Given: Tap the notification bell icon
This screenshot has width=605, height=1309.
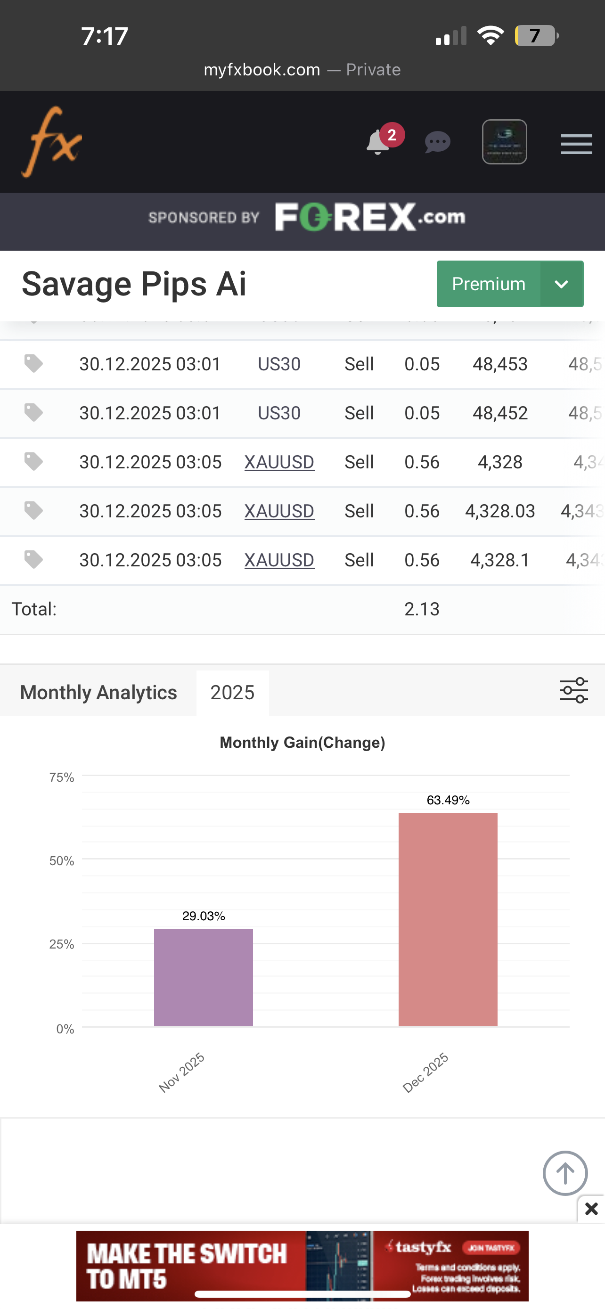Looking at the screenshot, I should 378,143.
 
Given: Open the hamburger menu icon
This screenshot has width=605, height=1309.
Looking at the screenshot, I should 576,144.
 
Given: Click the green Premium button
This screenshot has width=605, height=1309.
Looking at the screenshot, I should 488,284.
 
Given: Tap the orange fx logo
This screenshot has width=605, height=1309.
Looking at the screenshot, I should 51,142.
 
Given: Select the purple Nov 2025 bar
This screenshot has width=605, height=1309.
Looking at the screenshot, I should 203,977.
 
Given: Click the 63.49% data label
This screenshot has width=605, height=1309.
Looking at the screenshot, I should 448,801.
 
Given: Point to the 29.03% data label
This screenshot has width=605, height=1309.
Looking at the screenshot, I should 203,916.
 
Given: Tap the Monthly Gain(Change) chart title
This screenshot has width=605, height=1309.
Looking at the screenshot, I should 302,743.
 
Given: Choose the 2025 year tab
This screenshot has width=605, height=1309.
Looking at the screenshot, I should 232,693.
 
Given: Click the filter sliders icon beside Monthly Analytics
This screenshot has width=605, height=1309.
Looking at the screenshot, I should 573,691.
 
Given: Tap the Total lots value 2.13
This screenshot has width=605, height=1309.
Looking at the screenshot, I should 422,609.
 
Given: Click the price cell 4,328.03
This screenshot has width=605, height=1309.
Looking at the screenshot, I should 500,511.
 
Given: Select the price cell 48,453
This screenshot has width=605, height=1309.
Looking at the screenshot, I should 500,364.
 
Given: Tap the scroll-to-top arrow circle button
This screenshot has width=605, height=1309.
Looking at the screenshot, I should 565,1173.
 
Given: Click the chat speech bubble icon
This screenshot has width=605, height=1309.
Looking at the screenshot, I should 437,142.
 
